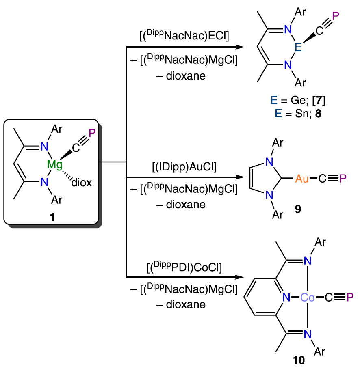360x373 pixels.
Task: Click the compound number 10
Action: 299,360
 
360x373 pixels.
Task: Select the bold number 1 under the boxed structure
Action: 52,218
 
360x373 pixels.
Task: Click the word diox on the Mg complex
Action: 81,183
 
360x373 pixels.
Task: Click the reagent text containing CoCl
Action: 184,268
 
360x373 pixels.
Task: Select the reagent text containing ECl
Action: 184,35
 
